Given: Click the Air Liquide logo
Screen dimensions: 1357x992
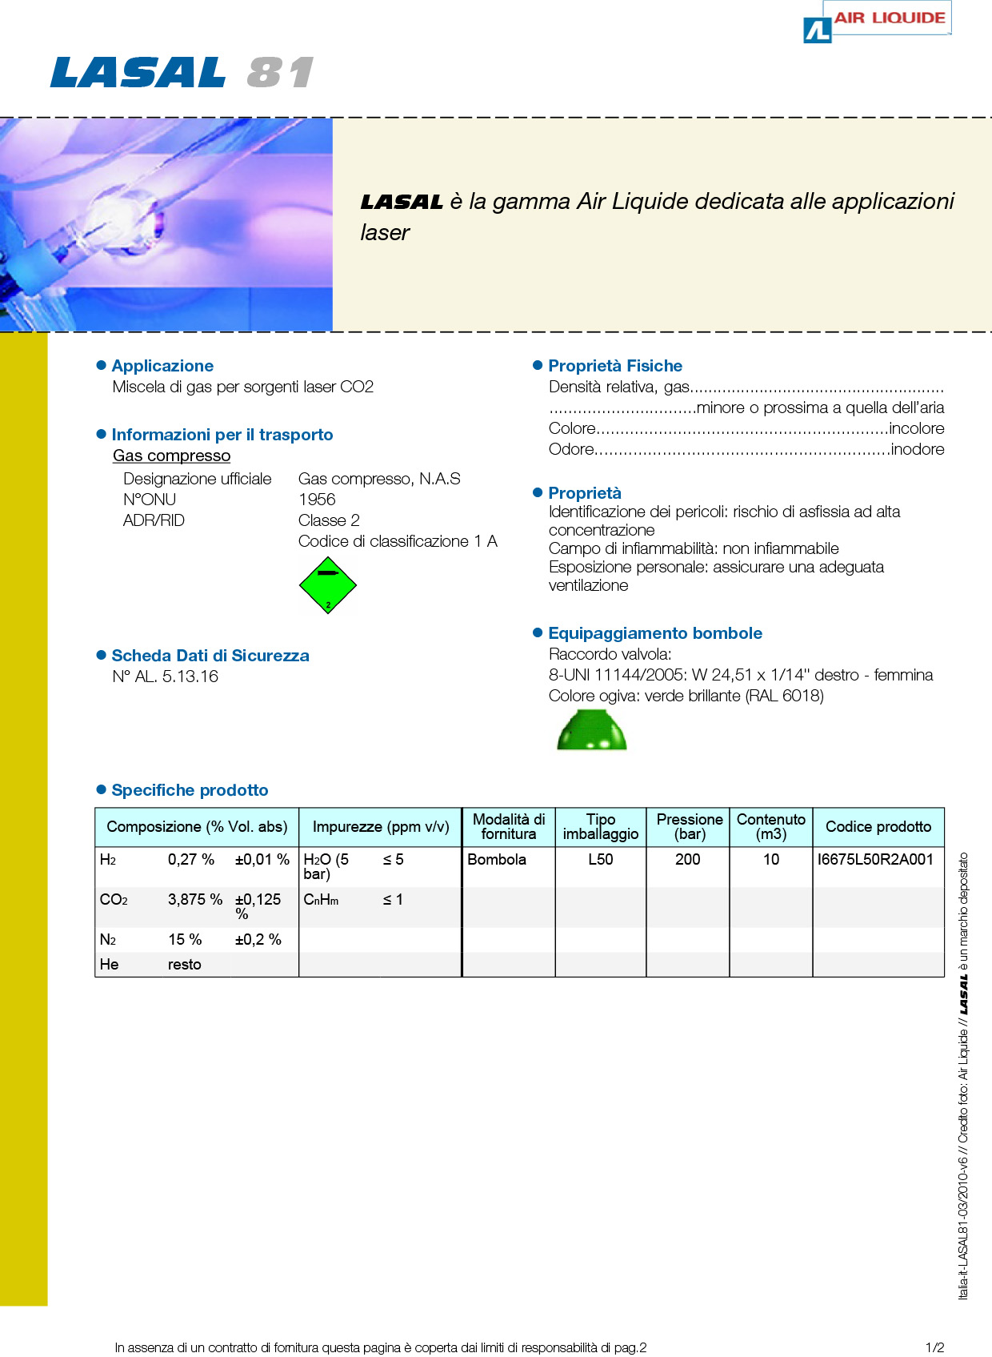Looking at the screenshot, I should tap(877, 22).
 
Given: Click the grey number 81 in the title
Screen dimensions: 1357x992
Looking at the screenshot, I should tap(280, 73).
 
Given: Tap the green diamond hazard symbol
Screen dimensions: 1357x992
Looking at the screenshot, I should tap(327, 584).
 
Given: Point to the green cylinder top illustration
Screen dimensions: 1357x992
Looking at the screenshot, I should tap(591, 730).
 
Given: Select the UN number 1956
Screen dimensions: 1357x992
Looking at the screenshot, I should tap(317, 500).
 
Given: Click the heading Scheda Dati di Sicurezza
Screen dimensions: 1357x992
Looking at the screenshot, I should tap(210, 656).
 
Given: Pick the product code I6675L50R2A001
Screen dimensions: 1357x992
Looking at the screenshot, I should tap(875, 860).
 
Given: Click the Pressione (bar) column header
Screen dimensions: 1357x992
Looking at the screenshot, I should tap(689, 827).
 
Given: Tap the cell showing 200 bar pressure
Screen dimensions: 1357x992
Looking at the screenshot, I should tap(687, 860).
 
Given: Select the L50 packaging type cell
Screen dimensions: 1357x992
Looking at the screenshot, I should tap(600, 860).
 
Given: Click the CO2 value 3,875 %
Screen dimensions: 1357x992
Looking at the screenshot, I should tap(194, 900).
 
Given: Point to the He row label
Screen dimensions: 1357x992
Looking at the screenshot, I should tap(110, 965).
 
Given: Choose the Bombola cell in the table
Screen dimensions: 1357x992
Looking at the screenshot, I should tap(497, 860).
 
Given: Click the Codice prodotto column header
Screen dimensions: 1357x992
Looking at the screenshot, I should tap(878, 827).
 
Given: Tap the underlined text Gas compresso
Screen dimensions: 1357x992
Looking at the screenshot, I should tap(171, 456).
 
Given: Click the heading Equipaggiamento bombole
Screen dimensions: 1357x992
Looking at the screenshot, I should tap(655, 633).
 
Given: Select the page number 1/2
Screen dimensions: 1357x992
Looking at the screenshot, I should tap(934, 1347).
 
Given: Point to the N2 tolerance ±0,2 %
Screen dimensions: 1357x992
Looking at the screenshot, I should tap(258, 940).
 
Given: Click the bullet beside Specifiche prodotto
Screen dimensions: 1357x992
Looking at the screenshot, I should tap(101, 789).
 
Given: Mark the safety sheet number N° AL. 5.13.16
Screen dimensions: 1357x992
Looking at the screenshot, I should tap(165, 676).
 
